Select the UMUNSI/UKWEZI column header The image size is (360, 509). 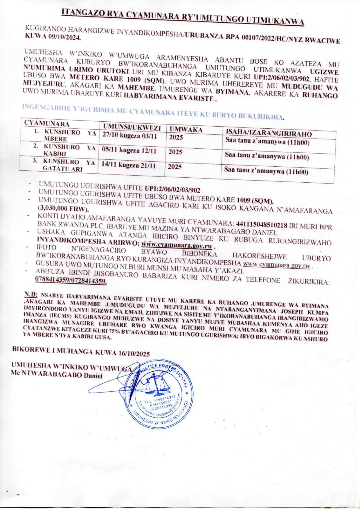[132, 127]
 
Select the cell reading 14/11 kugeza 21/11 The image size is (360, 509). [128, 165]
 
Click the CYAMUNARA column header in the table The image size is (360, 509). [47, 123]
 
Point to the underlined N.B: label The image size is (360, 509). [31, 294]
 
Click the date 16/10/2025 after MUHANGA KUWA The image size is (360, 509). [134, 354]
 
